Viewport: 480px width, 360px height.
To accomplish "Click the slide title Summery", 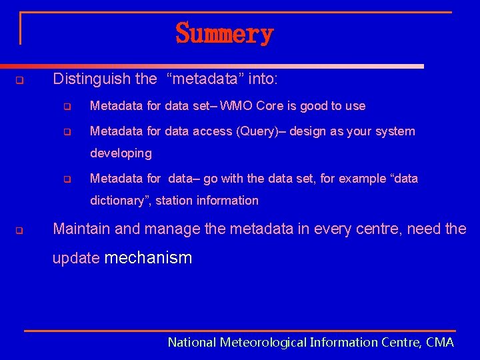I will (x=225, y=33).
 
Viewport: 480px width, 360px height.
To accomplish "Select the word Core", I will (x=267, y=106).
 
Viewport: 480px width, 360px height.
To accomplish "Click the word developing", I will (x=121, y=153).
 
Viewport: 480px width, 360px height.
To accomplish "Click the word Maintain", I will (x=81, y=229).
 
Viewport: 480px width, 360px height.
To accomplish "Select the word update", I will (x=76, y=259).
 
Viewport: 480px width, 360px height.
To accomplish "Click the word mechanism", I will (x=148, y=259).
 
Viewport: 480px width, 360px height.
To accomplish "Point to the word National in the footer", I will (x=192, y=343).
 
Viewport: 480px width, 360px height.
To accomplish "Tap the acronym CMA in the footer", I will (x=439, y=343).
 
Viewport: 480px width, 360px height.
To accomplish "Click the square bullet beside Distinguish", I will (x=19, y=81).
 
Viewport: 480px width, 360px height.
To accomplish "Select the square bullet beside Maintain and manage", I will (x=19, y=232).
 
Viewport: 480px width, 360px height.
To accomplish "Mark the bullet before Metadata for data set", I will (x=67, y=107).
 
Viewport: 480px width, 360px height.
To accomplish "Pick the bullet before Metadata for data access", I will (x=67, y=132).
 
